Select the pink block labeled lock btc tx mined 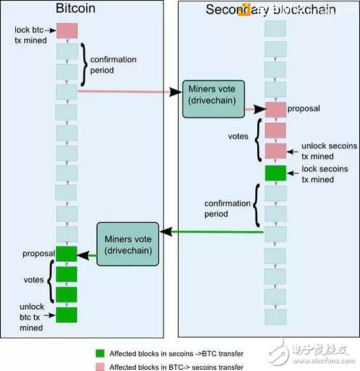point(67,30)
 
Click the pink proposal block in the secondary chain point(275,109)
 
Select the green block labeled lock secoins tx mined point(275,173)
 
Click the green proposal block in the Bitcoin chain point(66,254)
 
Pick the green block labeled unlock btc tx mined point(66,315)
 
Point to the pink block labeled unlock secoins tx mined point(275,151)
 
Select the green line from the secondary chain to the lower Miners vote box point(211,232)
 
